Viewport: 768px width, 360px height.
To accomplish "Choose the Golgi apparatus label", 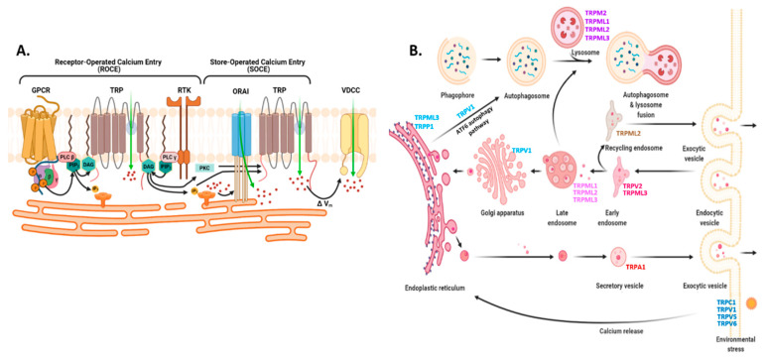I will click(x=480, y=214).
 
